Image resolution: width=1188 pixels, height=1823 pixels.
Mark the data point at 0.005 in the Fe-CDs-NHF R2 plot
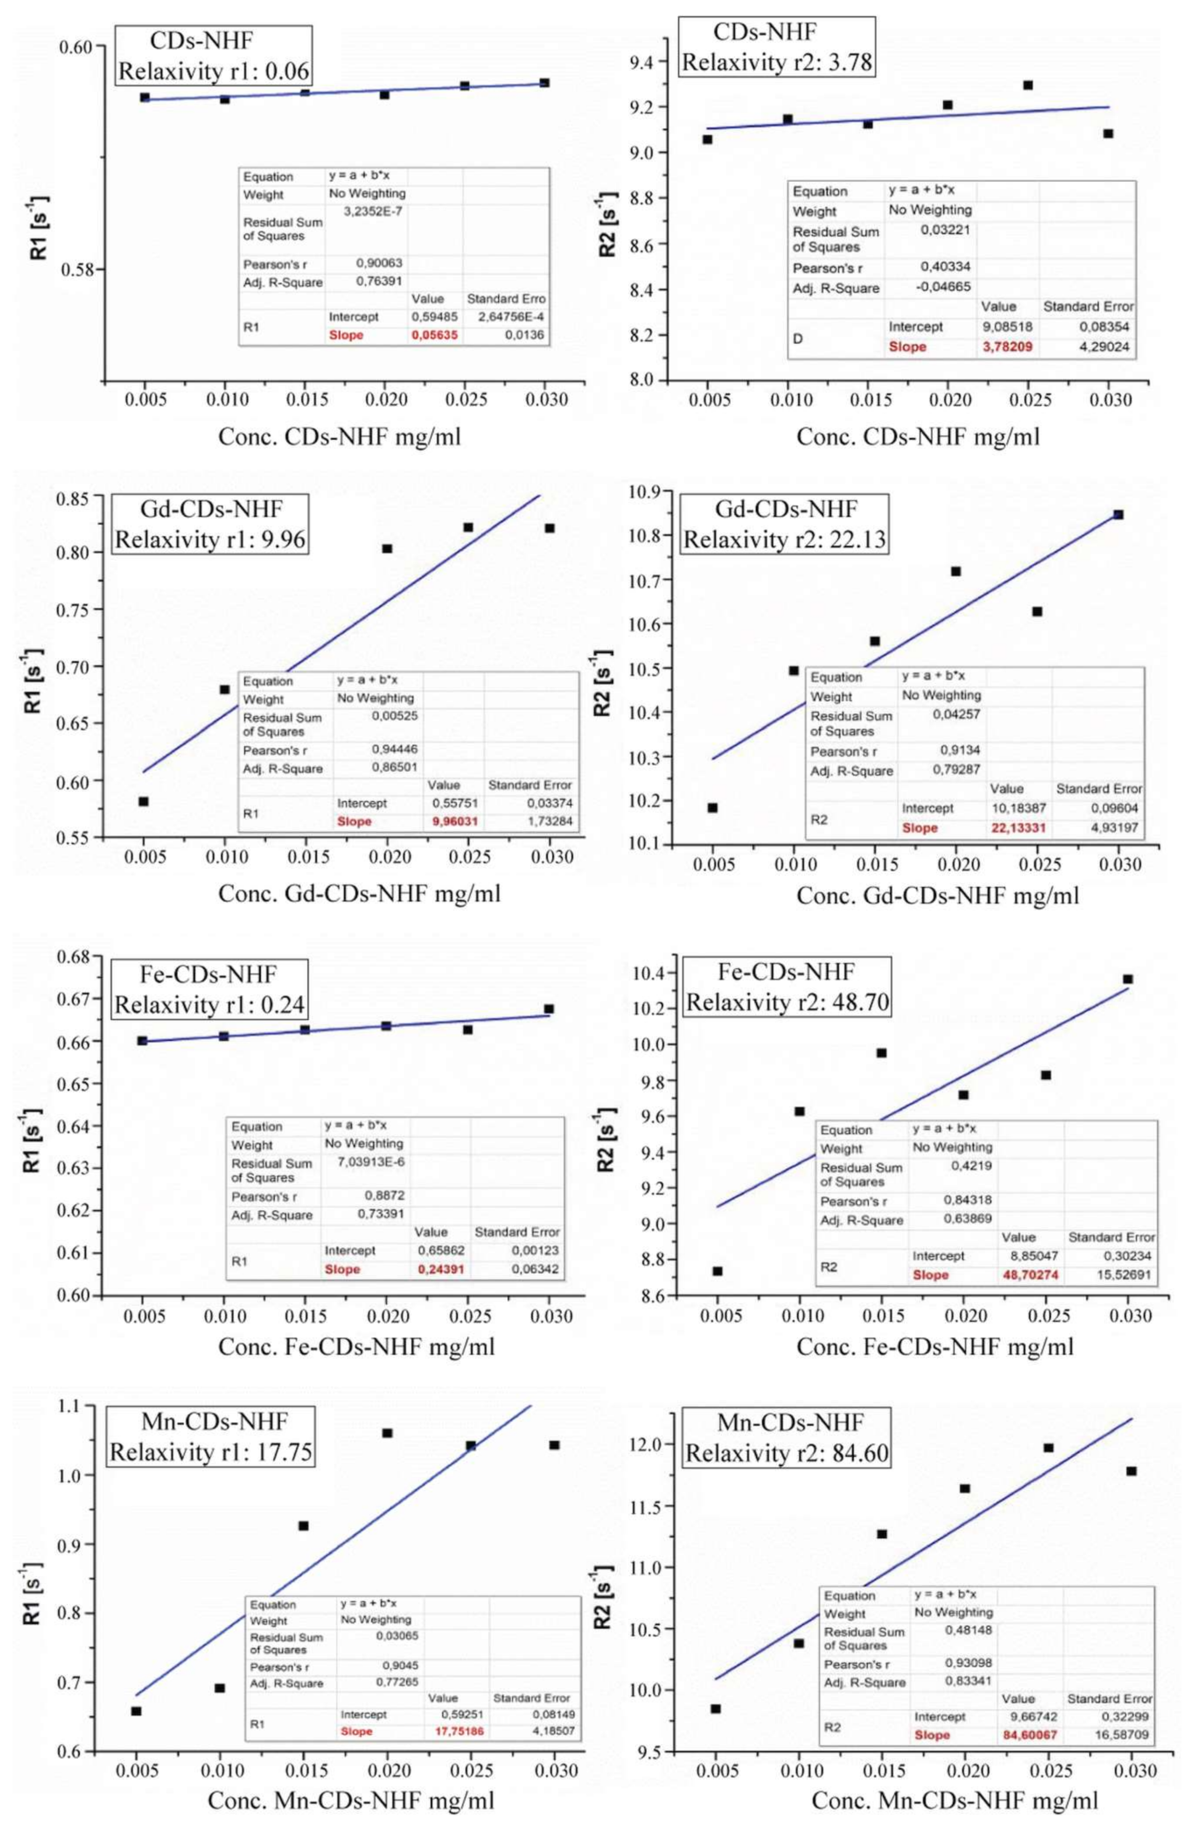(x=718, y=1271)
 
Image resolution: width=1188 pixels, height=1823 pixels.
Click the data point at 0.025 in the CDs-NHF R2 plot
(x=1028, y=85)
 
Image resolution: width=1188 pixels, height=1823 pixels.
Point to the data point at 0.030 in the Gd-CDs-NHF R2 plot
(x=1118, y=515)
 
